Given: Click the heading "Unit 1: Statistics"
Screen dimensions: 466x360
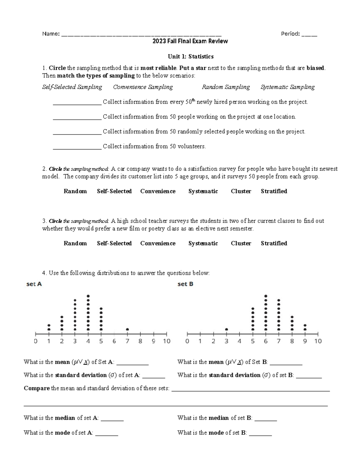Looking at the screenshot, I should (x=190, y=56).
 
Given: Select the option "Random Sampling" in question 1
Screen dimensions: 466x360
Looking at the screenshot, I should (x=226, y=87).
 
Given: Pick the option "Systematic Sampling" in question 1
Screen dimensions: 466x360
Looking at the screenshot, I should (x=287, y=87).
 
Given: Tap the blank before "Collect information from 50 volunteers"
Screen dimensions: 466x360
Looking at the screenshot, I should (x=77, y=147).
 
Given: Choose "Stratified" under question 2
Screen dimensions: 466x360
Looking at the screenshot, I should (x=274, y=191).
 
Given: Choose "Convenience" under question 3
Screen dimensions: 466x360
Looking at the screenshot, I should (x=158, y=243).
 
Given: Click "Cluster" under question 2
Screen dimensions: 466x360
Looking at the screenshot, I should (x=241, y=191).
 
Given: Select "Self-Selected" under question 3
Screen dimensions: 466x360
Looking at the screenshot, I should (x=114, y=243).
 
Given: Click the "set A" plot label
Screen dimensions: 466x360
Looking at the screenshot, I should (x=34, y=284).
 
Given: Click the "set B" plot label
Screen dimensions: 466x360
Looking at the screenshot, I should (x=185, y=284).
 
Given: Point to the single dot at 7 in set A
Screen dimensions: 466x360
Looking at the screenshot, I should (x=127, y=329).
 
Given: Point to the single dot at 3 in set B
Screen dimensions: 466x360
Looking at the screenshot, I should (x=226, y=329).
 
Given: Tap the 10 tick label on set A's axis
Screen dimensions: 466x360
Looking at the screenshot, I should (x=166, y=341).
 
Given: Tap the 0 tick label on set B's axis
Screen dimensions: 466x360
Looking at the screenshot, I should (x=187, y=341).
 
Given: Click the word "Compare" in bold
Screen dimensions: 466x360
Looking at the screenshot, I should (x=37, y=388).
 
